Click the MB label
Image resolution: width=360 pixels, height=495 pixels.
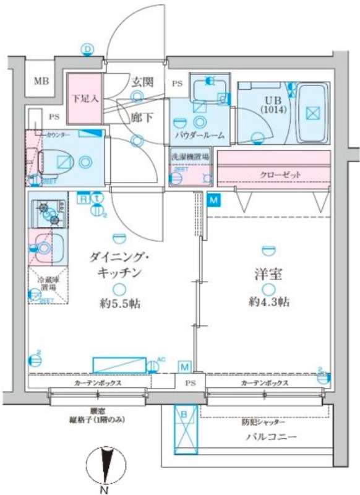click(41, 81)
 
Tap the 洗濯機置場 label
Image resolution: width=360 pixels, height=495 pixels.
click(191, 157)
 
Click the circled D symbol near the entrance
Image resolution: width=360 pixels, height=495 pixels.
click(88, 48)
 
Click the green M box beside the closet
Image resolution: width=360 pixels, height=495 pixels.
click(213, 200)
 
